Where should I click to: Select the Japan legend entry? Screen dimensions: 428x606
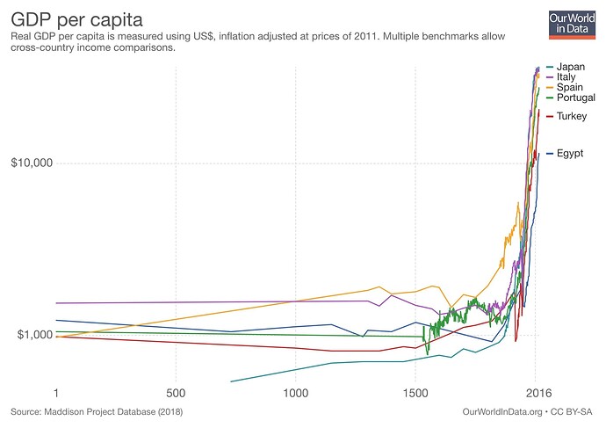pos(570,67)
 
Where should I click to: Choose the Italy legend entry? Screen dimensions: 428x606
pos(566,76)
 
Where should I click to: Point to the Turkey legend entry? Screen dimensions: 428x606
pos(572,116)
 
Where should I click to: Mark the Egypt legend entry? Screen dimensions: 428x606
pos(570,154)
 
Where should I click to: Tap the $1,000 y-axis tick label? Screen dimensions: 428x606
pos(34,335)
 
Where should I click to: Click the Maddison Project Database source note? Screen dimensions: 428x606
pos(97,410)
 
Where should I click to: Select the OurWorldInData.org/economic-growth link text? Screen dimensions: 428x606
pos(497,410)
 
